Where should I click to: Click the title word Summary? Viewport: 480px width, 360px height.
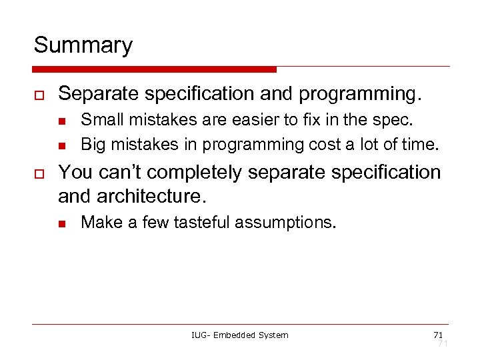(x=83, y=45)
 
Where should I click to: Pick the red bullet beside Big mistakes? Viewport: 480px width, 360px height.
(x=61, y=145)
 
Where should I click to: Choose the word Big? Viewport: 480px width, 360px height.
(x=92, y=145)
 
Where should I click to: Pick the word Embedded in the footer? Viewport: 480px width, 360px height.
(x=232, y=335)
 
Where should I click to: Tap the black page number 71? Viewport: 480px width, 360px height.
(x=438, y=334)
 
